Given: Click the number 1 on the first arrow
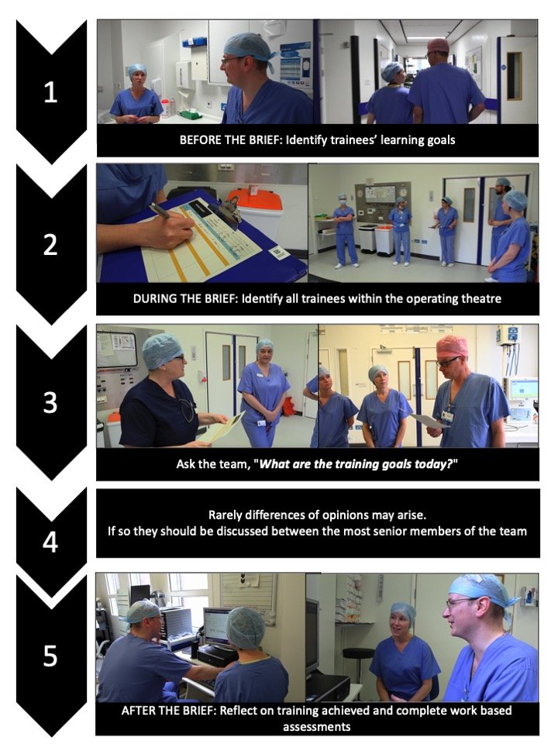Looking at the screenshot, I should (50, 92).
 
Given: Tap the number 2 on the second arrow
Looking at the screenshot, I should (50, 245).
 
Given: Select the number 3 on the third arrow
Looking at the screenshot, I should (50, 404).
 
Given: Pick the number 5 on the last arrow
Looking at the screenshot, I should (50, 656).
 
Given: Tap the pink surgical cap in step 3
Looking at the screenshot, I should (452, 346).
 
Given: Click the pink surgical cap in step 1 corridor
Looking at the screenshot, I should (438, 46).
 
